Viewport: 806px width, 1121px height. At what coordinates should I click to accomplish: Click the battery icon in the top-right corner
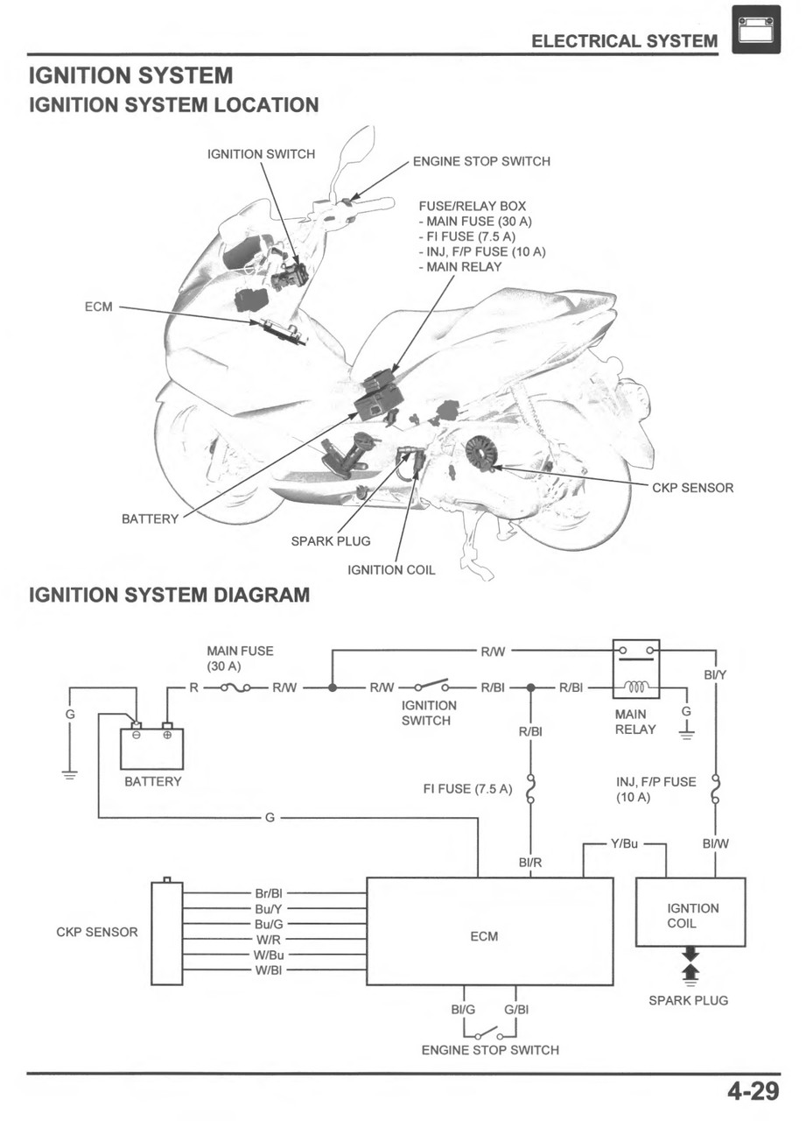point(755,30)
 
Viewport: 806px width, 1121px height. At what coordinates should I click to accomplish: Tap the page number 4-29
point(752,1092)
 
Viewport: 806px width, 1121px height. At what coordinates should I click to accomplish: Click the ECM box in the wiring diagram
point(489,932)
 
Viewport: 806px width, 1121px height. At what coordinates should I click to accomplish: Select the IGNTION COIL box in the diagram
point(690,912)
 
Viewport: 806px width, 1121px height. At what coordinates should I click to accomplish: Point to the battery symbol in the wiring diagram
point(151,747)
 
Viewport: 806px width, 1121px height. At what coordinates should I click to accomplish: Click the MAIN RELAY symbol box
point(636,669)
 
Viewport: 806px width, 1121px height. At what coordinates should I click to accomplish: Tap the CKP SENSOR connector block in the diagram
point(166,933)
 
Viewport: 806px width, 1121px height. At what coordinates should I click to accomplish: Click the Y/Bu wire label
point(624,843)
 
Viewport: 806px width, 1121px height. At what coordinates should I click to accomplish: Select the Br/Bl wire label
point(269,893)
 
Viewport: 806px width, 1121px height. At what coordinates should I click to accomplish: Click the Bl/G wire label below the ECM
point(463,1009)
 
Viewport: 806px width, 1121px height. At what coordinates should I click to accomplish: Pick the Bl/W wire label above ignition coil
point(716,844)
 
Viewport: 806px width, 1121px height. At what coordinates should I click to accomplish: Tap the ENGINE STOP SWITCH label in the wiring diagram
point(490,1049)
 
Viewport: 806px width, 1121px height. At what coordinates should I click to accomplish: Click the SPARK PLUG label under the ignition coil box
point(688,1000)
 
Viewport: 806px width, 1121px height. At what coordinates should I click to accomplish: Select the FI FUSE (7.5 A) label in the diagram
point(467,789)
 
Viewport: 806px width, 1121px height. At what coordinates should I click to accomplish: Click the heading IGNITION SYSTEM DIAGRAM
point(169,596)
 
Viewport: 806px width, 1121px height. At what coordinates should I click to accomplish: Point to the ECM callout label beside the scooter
point(98,307)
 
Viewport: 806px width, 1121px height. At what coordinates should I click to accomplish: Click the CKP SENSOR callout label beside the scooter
point(693,488)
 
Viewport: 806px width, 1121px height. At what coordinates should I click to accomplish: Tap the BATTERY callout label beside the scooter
point(150,519)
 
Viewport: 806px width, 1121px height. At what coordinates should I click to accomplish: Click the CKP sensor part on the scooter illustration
point(480,453)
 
